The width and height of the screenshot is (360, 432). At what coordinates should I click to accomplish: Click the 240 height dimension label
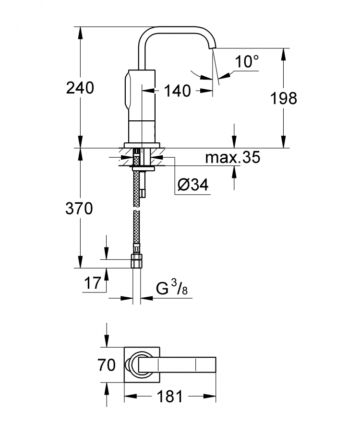(x=80, y=88)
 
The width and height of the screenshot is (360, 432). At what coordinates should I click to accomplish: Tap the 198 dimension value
(x=284, y=98)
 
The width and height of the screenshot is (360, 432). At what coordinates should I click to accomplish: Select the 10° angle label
(x=247, y=61)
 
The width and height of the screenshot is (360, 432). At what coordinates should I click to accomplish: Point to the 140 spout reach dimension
(x=177, y=91)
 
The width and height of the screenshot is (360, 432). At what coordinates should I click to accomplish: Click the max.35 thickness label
(x=232, y=157)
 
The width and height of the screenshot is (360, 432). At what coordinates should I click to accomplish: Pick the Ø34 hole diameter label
(x=193, y=185)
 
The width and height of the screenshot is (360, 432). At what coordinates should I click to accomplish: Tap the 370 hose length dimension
(x=79, y=209)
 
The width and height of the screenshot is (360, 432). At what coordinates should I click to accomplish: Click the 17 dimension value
(x=93, y=283)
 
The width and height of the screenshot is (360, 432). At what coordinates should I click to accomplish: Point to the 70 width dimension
(x=107, y=365)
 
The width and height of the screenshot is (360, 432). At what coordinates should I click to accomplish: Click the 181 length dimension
(x=169, y=397)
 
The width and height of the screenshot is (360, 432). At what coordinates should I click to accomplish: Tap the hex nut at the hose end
(x=136, y=261)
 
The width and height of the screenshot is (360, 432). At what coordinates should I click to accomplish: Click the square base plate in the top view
(x=142, y=364)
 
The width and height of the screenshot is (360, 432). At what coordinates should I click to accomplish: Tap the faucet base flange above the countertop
(x=142, y=145)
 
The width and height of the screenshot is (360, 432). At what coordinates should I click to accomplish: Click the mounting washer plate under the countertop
(x=143, y=169)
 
